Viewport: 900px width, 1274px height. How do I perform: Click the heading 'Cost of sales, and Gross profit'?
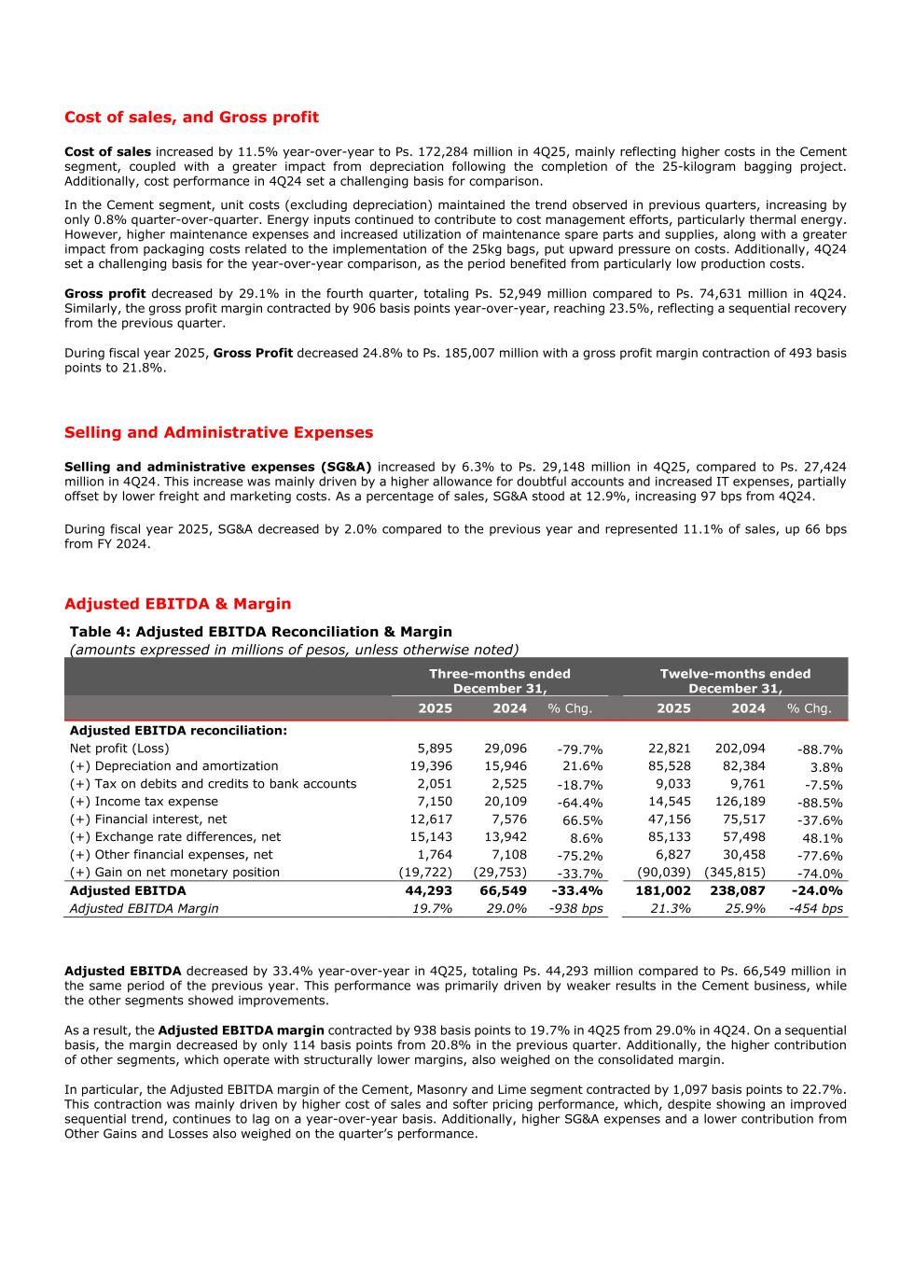pos(191,118)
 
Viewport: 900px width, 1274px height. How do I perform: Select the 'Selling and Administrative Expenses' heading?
pos(218,433)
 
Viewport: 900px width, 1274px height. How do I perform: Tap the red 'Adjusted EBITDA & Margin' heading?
pos(177,604)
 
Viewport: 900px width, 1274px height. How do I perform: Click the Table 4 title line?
pos(260,632)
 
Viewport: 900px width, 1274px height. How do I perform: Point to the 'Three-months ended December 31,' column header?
pos(499,680)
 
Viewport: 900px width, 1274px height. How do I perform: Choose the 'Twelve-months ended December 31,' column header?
pos(735,680)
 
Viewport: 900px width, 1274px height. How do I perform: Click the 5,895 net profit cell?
pos(435,749)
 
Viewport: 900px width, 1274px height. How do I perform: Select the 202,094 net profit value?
pos(740,749)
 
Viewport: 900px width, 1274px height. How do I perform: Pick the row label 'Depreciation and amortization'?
pos(173,766)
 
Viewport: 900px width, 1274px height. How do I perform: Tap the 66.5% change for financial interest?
pos(583,820)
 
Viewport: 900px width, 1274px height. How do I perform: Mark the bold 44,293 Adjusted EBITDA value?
pos(431,891)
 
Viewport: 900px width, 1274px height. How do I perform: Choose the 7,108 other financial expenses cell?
pos(509,855)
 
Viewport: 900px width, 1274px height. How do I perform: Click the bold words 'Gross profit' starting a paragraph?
pos(104,294)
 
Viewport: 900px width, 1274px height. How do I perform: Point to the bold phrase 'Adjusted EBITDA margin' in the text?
pos(241,1030)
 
